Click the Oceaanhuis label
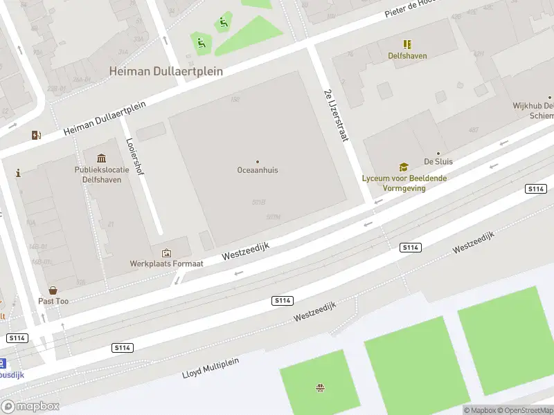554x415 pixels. coord(258,169)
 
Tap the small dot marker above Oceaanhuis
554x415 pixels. coord(258,161)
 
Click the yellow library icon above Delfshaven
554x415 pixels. coord(407,44)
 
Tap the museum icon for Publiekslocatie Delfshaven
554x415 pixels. coord(102,158)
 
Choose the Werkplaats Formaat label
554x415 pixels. coord(166,264)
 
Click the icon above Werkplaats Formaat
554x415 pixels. coord(166,253)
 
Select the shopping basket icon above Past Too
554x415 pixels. coord(53,291)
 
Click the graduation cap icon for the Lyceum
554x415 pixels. coord(403,167)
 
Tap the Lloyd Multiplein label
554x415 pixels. coord(211,373)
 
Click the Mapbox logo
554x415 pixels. coord(30,406)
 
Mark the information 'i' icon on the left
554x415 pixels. coord(18,173)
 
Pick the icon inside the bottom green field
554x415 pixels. coord(320,387)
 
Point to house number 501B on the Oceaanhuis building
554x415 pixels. coord(259,202)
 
